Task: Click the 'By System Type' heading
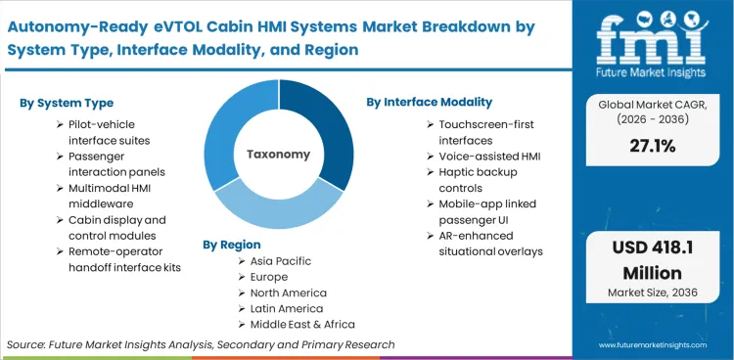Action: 66,103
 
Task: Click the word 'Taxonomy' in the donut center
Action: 278,154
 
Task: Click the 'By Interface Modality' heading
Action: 430,102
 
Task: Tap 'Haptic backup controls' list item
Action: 476,179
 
